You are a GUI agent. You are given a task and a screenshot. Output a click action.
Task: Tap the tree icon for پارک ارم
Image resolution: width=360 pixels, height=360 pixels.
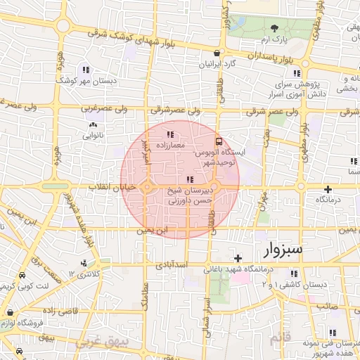click(x=274, y=27)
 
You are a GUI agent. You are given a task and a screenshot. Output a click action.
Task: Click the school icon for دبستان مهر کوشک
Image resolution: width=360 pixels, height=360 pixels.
click(x=86, y=70)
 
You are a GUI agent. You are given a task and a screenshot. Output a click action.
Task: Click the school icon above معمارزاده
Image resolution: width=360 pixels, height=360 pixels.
click(x=169, y=134)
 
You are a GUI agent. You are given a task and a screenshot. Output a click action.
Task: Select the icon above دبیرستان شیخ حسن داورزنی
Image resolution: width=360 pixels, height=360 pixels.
click(x=189, y=179)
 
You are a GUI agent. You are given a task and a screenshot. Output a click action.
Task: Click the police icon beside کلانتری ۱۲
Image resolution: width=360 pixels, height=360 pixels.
click(x=86, y=263)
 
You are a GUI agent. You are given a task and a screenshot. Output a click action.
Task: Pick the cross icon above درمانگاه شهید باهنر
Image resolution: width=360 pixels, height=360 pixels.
click(x=238, y=258)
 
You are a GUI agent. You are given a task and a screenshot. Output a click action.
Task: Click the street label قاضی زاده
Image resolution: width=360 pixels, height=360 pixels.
click(x=58, y=309)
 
